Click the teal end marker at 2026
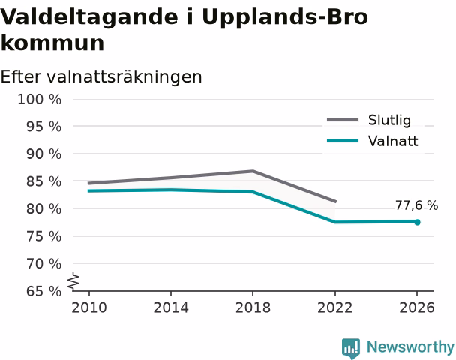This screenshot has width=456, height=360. pos(417,223)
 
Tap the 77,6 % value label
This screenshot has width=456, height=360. pos(416,205)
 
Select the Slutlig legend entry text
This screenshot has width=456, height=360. pos(389,121)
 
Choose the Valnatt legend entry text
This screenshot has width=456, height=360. pos(393,141)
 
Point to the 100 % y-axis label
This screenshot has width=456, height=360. pos(40,100)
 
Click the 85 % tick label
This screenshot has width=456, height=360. pos(44,181)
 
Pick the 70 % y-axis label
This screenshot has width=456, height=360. pos(44,264)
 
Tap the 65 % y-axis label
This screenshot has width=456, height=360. pos(44,291)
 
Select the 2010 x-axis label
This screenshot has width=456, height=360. pos(89,307)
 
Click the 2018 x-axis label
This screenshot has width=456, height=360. pos(253,307)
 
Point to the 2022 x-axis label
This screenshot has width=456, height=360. pos(334,307)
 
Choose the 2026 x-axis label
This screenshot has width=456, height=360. pos(417,307)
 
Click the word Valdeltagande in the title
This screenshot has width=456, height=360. pos(89,17)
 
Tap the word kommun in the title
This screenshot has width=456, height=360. pos(52,43)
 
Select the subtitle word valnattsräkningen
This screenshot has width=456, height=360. pos(124,77)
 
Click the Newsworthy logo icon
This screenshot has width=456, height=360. pos(351,348)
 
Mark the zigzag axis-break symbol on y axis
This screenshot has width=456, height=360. pos(73,282)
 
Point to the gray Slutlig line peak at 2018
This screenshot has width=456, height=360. pos(253,171)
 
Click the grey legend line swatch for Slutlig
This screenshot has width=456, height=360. pos(343,120)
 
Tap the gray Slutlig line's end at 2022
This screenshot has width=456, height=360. pos(335,201)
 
